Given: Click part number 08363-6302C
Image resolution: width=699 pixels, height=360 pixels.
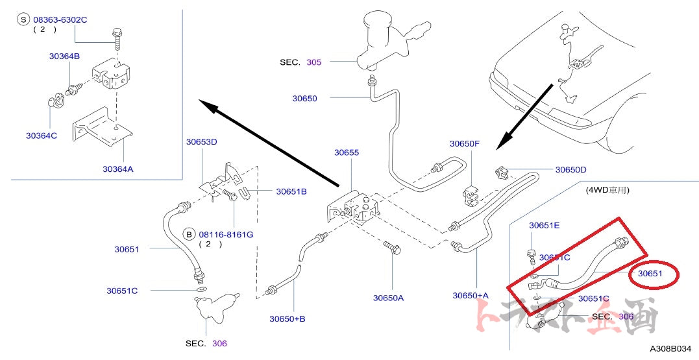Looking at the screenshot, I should point(60,20).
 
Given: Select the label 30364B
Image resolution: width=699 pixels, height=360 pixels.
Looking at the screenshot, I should point(64,56).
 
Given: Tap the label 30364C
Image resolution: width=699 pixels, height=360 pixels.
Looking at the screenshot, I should point(42,136).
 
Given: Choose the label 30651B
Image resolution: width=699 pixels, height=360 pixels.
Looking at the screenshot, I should point(291,191).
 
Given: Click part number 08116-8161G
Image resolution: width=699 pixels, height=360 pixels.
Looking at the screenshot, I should point(226,234).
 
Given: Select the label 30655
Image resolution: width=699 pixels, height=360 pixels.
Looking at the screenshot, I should point(347,152).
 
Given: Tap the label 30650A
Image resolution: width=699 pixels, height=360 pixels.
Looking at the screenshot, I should point(388,298).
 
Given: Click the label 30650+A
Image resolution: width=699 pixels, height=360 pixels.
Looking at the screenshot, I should point(471,295).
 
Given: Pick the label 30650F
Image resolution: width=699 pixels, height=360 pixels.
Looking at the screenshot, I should point(465,143).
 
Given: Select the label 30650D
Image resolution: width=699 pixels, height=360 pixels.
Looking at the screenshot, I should point(570,170).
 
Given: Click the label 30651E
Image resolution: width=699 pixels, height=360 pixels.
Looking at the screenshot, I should point(544,225).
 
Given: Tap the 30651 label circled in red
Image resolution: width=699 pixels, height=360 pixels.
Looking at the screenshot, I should point(650,274).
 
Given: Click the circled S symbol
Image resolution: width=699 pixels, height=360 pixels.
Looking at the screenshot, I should point(24,20).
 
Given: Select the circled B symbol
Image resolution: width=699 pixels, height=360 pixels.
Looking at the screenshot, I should point(189,234).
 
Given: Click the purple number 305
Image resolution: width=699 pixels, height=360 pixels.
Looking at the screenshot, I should point(313,62).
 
